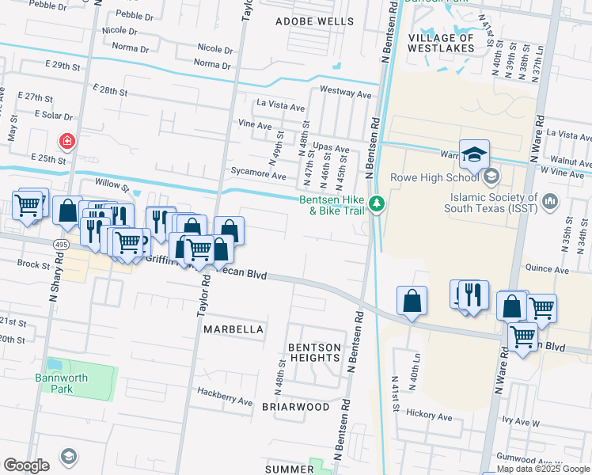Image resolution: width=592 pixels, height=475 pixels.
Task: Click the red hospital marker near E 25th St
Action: [x=68, y=142]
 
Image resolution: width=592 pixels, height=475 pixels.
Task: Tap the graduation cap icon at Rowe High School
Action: [x=474, y=154]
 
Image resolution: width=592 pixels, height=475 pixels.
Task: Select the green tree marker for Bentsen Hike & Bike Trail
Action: [x=378, y=204]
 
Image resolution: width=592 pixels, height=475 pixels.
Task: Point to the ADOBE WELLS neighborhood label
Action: [x=314, y=21]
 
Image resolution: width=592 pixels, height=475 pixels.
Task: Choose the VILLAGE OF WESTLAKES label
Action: [x=442, y=43]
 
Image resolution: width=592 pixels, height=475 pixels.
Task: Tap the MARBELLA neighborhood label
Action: [x=233, y=329]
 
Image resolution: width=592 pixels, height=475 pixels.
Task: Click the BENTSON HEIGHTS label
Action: [x=314, y=352]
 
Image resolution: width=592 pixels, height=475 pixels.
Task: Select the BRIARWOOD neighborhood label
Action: [x=295, y=407]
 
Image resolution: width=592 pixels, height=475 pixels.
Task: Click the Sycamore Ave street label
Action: [x=258, y=174]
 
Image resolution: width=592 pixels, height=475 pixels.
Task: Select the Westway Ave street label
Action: [x=345, y=93]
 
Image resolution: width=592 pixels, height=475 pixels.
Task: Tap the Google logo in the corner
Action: [x=26, y=465]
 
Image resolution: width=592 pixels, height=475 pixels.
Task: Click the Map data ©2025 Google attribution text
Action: [x=542, y=469]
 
